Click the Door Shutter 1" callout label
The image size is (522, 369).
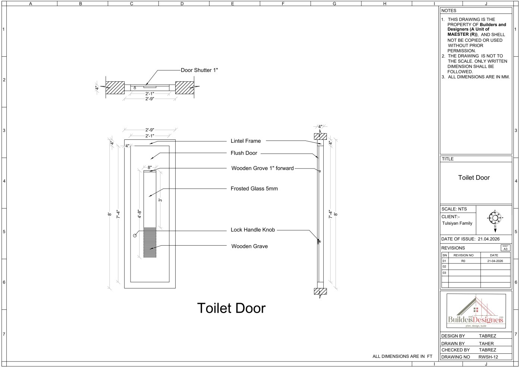(x=199, y=70)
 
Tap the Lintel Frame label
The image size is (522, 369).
(x=246, y=141)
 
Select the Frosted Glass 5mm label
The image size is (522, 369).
(x=254, y=189)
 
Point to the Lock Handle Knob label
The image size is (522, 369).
(x=253, y=230)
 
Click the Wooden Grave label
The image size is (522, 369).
(x=249, y=246)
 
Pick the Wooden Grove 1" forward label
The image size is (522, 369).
(x=262, y=168)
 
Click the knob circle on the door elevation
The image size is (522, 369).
(x=135, y=236)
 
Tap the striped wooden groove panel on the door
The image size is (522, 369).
(x=150, y=243)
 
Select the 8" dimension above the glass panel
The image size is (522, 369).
(x=150, y=167)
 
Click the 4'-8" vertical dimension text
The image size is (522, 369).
(x=139, y=214)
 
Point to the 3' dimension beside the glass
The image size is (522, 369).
(x=160, y=200)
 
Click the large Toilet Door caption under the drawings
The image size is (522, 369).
(x=231, y=308)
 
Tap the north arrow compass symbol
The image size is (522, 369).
(x=495, y=220)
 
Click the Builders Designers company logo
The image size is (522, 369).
(x=476, y=311)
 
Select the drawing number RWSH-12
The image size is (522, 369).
(x=488, y=357)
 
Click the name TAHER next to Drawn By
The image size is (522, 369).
(x=486, y=343)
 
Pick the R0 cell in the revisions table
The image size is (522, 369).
(x=463, y=261)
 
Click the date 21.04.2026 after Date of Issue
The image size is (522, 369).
(x=489, y=239)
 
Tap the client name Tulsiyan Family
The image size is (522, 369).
(x=457, y=223)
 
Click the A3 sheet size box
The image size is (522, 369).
(x=506, y=247)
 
